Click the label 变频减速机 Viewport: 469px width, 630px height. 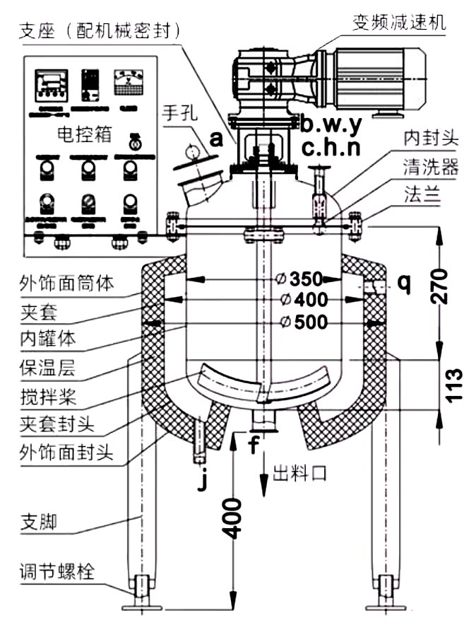click(x=399, y=22)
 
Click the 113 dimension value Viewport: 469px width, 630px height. click(x=452, y=384)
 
